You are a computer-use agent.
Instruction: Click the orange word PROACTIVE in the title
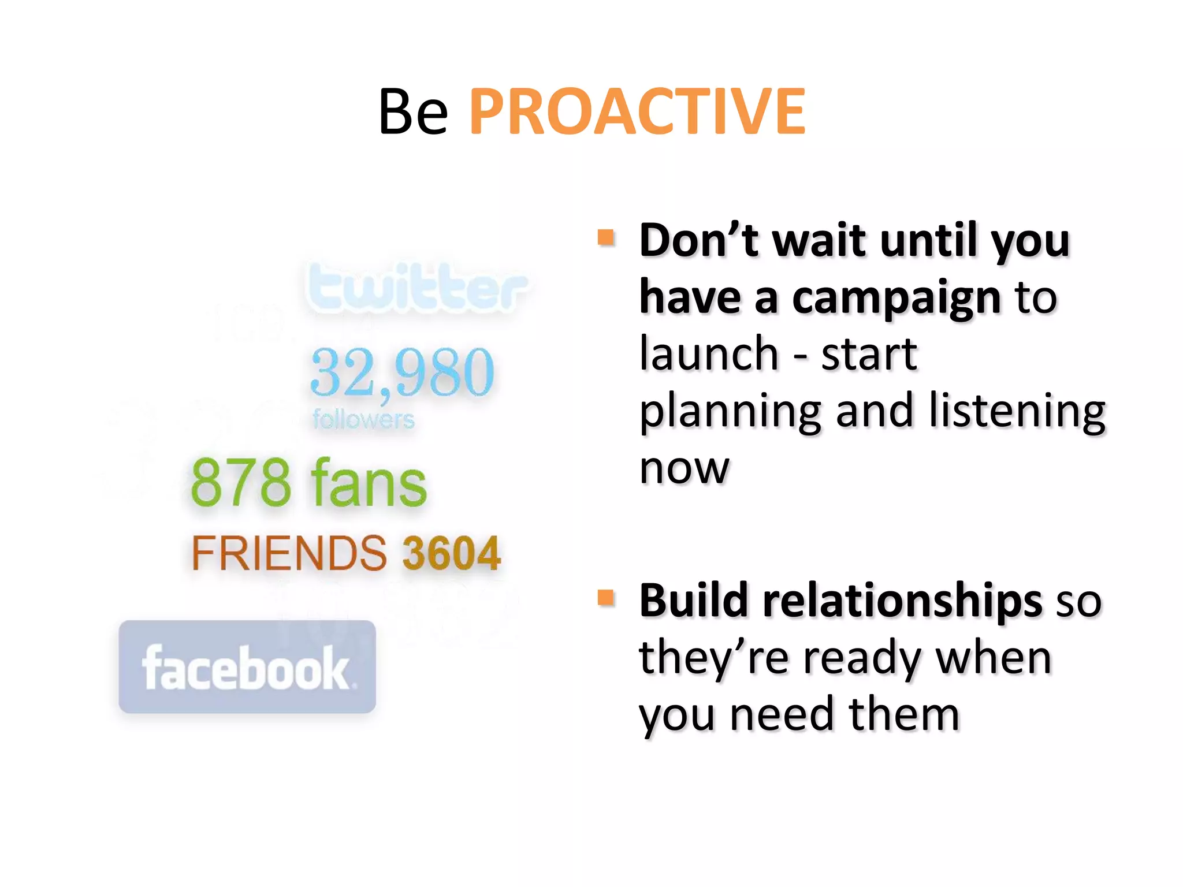[637, 111]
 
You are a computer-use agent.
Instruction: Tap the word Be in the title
[413, 111]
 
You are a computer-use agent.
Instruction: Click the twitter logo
[417, 287]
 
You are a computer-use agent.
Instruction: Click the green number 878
[241, 483]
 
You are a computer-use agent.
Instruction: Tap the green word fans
[369, 483]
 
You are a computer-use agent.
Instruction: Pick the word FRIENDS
[289, 553]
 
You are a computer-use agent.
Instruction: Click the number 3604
[451, 553]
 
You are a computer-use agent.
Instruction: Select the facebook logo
[247, 667]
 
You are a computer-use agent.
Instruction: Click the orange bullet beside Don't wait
[605, 237]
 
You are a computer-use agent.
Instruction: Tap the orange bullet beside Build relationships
[605, 598]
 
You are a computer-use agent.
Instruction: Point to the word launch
[709, 353]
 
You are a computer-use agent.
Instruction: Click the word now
[684, 468]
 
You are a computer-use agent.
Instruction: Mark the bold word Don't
[699, 240]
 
